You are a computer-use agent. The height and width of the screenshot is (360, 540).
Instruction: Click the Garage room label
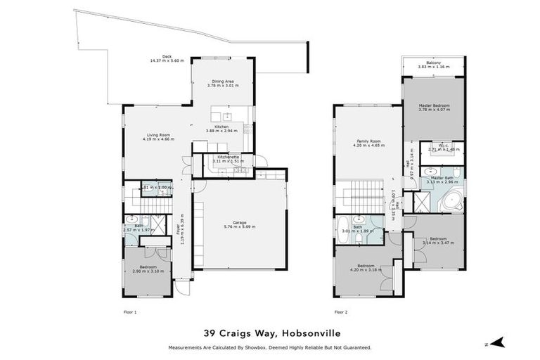click(x=239, y=223)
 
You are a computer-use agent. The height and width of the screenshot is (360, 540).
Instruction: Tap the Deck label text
click(x=167, y=56)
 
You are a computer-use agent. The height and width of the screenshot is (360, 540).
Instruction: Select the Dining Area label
click(x=223, y=81)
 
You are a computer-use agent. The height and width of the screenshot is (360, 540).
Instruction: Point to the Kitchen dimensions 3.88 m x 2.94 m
click(x=223, y=131)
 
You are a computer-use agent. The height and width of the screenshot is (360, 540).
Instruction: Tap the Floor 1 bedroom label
click(x=147, y=266)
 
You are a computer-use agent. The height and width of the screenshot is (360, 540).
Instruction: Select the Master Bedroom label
click(x=433, y=105)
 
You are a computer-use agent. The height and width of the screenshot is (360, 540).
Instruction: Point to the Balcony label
click(x=433, y=63)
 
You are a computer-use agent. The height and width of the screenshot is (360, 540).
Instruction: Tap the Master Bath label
click(x=442, y=178)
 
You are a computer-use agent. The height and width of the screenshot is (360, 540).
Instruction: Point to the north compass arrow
click(x=498, y=342)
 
